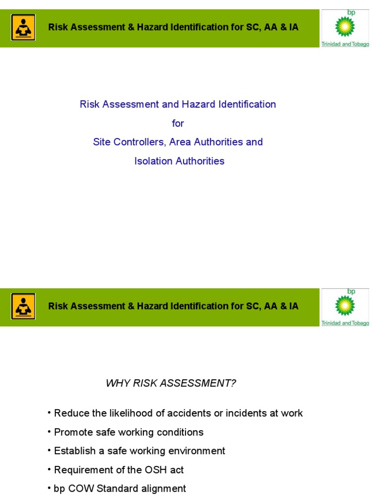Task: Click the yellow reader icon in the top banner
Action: [23, 27]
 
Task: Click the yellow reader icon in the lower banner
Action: [23, 306]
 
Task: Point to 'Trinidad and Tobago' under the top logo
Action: [345, 44]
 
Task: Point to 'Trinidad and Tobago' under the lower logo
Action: [345, 323]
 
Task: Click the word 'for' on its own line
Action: [178, 124]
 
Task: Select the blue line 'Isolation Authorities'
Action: [179, 161]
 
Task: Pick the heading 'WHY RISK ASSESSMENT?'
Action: [171, 384]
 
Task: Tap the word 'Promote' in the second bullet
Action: [72, 432]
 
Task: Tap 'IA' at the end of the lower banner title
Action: [293, 306]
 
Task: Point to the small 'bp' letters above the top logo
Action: [351, 12]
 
